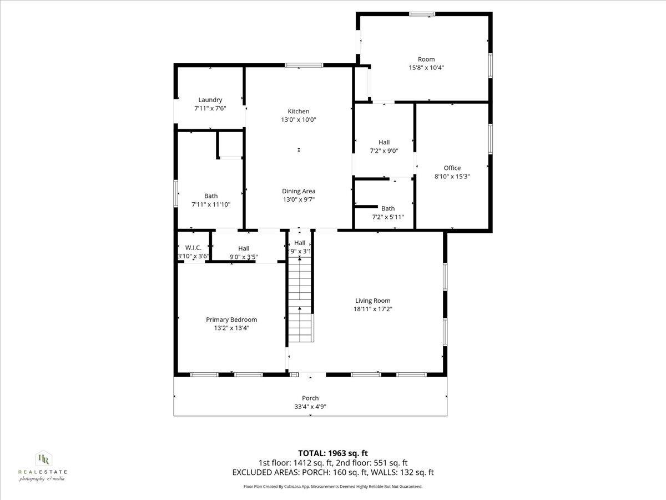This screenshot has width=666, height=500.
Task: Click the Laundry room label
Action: pos(210,100)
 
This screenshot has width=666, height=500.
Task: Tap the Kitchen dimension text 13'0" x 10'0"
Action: pos(299,119)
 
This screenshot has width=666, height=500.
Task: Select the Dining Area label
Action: pos(299,191)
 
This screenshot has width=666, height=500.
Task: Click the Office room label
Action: pos(452,168)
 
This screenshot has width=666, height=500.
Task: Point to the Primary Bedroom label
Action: pos(231,319)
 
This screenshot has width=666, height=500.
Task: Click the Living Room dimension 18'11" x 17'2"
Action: pos(372,309)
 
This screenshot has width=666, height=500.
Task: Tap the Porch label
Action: pos(310,398)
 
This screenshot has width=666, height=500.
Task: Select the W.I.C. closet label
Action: pos(193,248)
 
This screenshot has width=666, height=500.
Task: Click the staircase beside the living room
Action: pos(300,303)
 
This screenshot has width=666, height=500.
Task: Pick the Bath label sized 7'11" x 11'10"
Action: pos(211,196)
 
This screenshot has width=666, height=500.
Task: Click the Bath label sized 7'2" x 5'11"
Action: pos(388,208)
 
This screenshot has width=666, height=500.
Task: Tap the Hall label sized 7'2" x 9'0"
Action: pos(384,142)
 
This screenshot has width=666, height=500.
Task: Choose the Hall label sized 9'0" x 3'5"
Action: pos(244,248)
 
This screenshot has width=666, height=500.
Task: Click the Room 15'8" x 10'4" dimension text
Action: pos(426,68)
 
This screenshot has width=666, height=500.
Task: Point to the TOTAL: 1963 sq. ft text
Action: pos(333,453)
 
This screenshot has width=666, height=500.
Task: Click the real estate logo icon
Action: pos(43,459)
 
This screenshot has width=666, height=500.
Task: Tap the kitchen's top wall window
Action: pos(304,66)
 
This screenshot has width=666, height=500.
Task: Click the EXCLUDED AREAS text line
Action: pos(333,473)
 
